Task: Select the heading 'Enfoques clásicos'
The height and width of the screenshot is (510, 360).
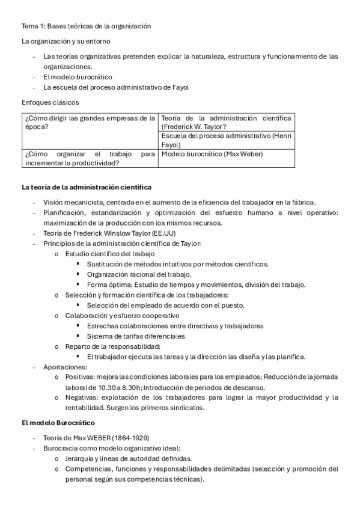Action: click(x=50, y=102)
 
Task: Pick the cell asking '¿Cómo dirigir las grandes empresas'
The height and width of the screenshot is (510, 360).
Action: click(x=89, y=122)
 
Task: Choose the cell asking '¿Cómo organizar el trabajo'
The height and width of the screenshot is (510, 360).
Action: click(x=89, y=158)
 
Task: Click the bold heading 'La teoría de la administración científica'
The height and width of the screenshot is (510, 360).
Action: click(x=87, y=188)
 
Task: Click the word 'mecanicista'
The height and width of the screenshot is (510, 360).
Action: click(x=84, y=203)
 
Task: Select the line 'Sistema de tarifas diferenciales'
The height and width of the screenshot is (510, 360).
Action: click(x=136, y=336)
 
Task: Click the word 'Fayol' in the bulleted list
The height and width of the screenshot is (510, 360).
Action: click(x=179, y=87)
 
